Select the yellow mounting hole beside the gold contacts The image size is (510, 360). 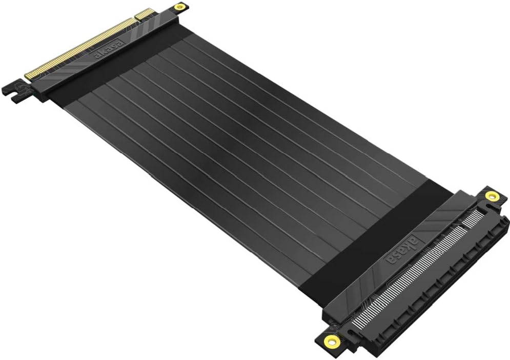point(180,7)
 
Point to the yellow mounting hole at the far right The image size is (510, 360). point(492,196)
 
